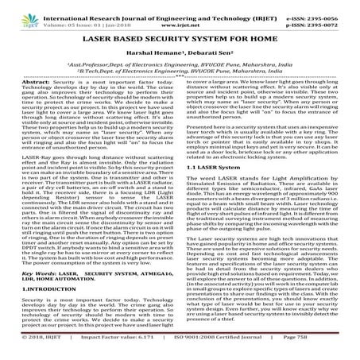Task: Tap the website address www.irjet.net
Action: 180,15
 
